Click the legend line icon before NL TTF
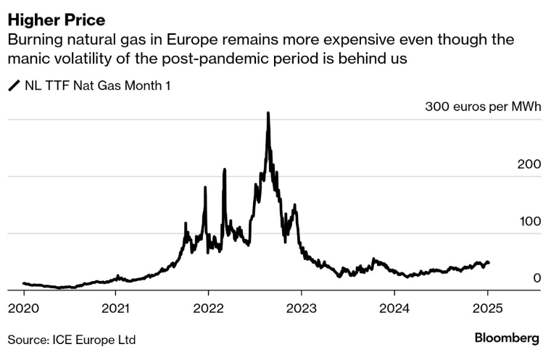[x=14, y=86]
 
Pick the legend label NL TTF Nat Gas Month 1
[x=98, y=86]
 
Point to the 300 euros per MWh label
[x=482, y=107]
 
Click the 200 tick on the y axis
[x=529, y=164]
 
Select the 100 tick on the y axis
[x=529, y=221]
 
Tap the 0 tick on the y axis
[x=536, y=277]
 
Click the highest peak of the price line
[x=268, y=113]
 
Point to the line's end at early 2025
[x=488, y=262]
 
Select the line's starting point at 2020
[x=24, y=283]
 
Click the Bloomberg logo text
[x=507, y=338]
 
